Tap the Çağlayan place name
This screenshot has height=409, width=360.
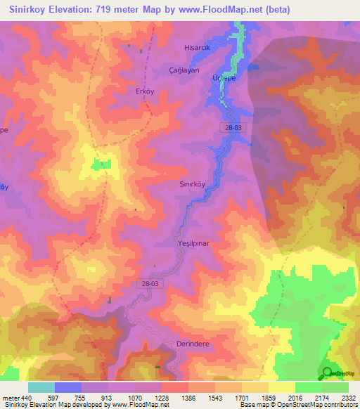click(x=185, y=71)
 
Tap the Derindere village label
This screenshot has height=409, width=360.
click(x=191, y=344)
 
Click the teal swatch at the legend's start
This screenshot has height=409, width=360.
click(x=41, y=387)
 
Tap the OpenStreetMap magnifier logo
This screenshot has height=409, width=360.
click(x=328, y=372)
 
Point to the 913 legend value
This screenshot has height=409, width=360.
click(x=108, y=397)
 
